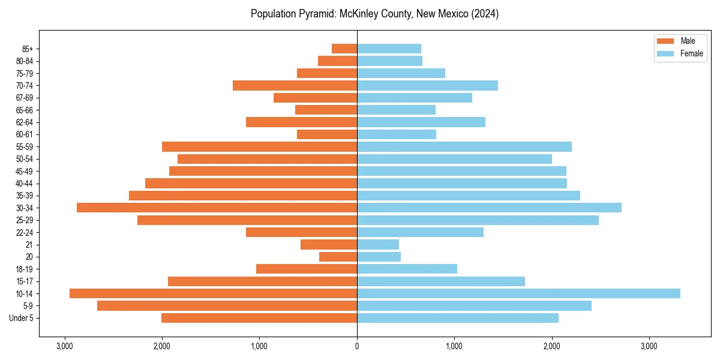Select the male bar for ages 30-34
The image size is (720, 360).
[217, 208]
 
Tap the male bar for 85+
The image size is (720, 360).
[344, 49]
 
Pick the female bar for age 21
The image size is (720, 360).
[378, 244]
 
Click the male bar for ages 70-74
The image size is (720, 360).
[295, 85]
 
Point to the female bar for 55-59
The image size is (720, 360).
[464, 146]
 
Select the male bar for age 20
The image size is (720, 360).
[338, 257]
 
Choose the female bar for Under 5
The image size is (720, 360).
[458, 318]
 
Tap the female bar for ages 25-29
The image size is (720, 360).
[478, 220]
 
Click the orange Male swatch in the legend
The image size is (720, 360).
[665, 41]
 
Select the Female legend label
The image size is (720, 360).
[691, 53]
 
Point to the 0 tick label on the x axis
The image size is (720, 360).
[357, 347]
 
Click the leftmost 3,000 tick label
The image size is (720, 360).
[64, 347]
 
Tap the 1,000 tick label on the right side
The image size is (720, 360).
[454, 347]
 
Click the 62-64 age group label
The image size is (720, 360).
[25, 122]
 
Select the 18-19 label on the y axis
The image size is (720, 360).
[25, 269]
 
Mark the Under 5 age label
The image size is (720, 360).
[22, 318]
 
